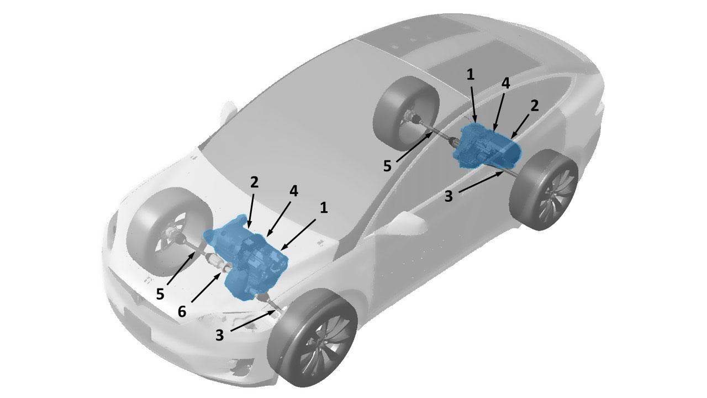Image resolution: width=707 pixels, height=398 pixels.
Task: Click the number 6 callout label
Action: click(182, 311)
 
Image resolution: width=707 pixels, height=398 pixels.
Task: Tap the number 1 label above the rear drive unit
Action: click(470, 75)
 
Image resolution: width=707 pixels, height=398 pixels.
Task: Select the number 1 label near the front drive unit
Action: click(324, 208)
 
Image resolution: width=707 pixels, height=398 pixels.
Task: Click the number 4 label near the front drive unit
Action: click(293, 191)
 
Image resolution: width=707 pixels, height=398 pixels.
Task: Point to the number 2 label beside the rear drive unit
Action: click(534, 106)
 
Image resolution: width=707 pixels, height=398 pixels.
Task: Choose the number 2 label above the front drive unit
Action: click(255, 182)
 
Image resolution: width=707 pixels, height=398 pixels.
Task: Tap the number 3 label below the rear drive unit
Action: click(449, 196)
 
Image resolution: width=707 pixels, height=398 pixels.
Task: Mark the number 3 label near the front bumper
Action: click(220, 335)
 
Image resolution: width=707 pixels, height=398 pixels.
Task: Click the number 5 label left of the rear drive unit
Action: click(388, 166)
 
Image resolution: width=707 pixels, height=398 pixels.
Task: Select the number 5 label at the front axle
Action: click(160, 295)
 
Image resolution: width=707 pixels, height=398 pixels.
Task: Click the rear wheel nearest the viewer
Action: click(544, 190)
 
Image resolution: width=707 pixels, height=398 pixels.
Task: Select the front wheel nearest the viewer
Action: click(313, 338)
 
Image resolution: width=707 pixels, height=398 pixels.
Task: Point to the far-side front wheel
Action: click(169, 231)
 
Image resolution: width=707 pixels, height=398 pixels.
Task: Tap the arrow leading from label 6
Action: click(206, 287)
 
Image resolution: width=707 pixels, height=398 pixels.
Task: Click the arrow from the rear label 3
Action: click(481, 181)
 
